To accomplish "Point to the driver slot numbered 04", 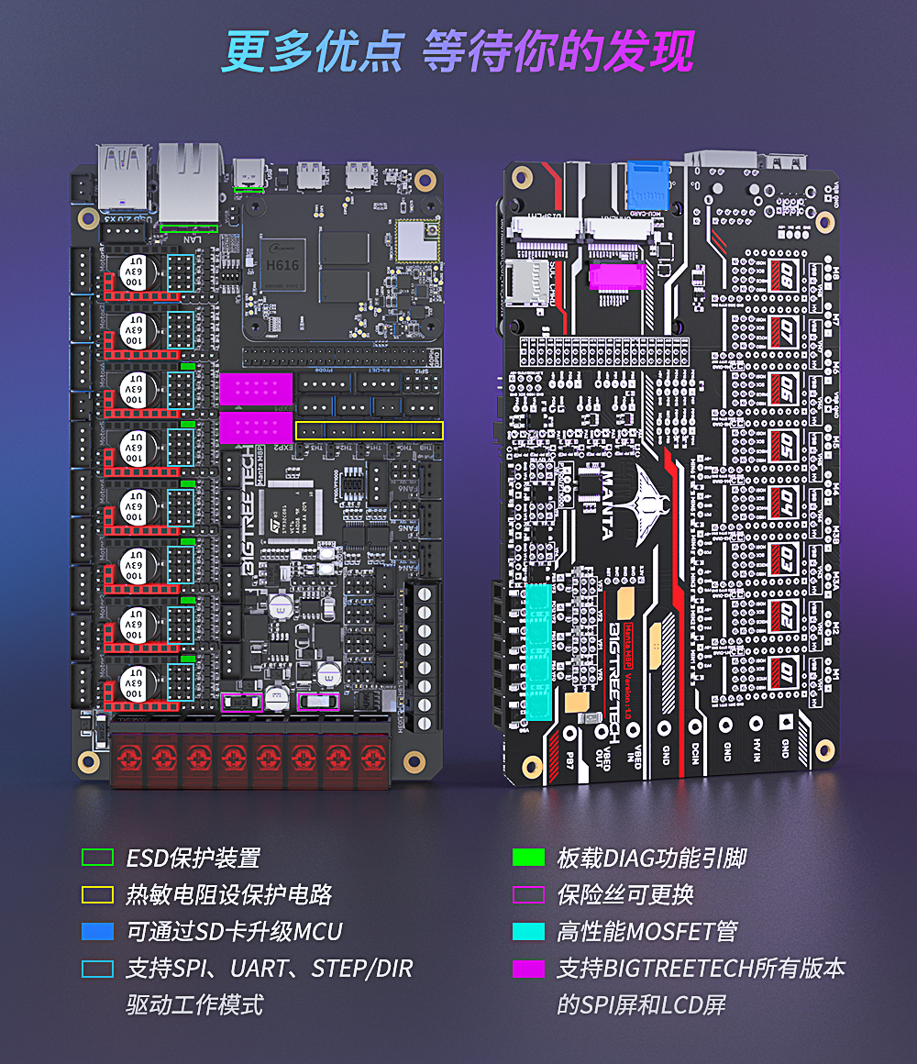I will (786, 501).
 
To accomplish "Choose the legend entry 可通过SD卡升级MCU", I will (234, 932).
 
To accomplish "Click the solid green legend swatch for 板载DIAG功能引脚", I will (528, 858).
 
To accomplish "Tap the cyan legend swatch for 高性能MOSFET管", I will (528, 932).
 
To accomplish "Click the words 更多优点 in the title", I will (313, 52).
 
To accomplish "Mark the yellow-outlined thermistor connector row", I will (370, 430).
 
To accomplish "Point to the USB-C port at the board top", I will (247, 172).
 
